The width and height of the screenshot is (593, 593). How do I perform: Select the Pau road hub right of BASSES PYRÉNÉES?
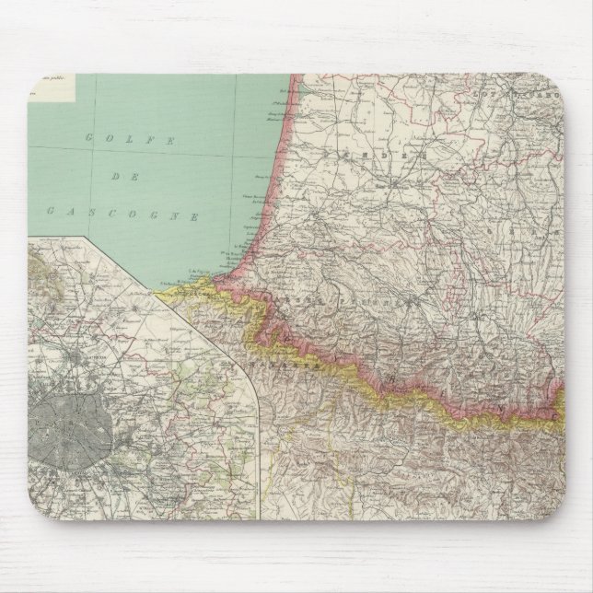point(419,303)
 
